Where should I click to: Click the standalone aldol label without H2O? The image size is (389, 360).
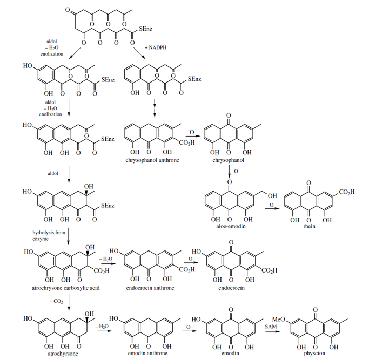tap(53, 174)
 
